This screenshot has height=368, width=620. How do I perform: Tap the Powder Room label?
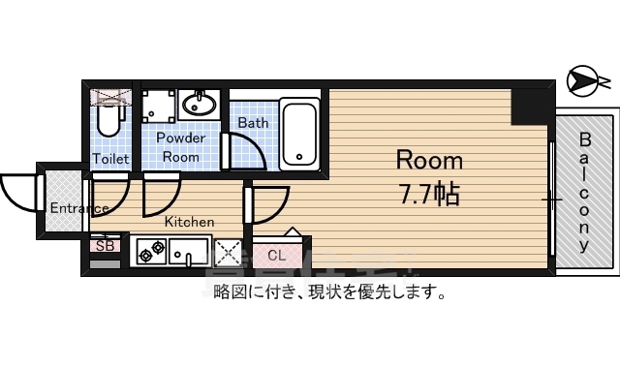coord(180,147)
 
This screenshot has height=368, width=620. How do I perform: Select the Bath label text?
coord(253,123)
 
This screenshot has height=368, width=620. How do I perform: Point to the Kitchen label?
coord(189,222)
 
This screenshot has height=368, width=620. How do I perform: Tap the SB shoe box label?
coord(105,246)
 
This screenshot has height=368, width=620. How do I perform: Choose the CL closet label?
coord(277,256)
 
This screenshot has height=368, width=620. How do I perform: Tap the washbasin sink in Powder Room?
coord(202,104)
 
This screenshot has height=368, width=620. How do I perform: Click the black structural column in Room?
coord(530,105)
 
